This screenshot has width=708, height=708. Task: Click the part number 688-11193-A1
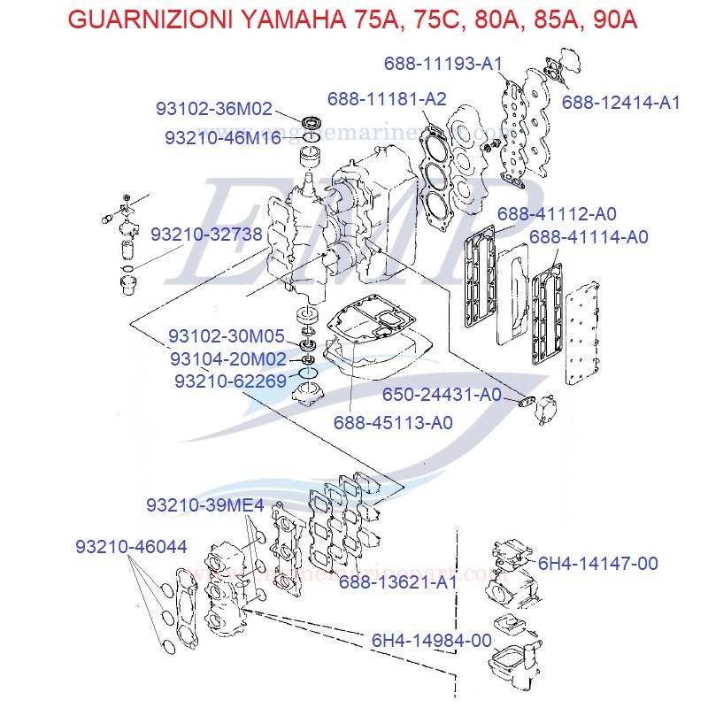443,64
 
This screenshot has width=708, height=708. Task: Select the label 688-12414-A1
620,102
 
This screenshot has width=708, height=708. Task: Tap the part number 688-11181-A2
387,98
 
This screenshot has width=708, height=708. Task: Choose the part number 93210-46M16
223,138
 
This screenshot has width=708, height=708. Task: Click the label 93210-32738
206,235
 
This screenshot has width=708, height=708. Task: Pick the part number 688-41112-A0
557,213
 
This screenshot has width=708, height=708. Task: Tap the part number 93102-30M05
227,336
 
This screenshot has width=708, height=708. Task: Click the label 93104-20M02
228,358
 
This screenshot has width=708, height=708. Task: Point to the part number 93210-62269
230,381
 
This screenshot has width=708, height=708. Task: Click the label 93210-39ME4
205,504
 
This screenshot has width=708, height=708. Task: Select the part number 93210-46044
131,547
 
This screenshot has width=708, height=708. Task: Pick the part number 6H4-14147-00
597,563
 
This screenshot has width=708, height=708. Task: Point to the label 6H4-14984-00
431,640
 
